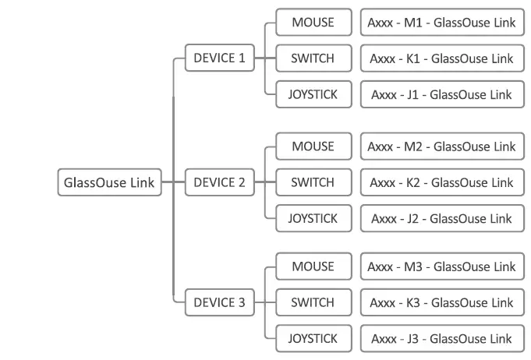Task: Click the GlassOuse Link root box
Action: (110, 183)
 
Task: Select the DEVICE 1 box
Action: (219, 58)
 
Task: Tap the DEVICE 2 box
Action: (219, 183)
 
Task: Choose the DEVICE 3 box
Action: (219, 302)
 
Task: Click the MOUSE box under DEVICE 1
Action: (312, 23)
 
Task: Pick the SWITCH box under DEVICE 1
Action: (312, 58)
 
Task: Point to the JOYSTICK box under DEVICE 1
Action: (312, 94)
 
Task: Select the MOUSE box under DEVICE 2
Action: (312, 146)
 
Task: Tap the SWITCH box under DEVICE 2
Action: (312, 183)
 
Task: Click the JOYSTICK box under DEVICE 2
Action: (312, 219)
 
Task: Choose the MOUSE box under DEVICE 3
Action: (312, 266)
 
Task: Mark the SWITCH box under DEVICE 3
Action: (312, 302)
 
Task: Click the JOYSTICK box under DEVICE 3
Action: (312, 338)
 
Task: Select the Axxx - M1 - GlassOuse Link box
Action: (441, 23)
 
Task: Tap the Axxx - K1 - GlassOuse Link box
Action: (441, 58)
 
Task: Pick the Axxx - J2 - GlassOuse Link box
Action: (441, 219)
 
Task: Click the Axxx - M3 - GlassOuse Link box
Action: (441, 266)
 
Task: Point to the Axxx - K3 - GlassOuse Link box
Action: (441, 302)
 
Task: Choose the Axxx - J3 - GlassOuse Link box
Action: (441, 338)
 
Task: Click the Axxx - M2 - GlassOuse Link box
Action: (441, 146)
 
